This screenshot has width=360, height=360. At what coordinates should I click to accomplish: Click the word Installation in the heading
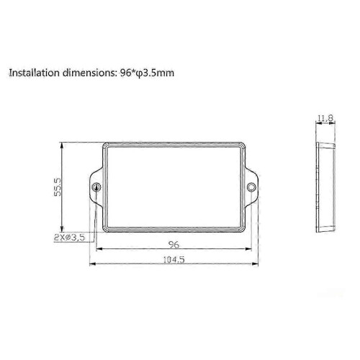(34, 73)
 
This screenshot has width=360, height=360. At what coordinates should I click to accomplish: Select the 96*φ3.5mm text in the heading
(147, 73)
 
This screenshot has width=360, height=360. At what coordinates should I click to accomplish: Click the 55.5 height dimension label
(58, 187)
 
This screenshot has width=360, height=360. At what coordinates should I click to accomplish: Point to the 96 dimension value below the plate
(174, 244)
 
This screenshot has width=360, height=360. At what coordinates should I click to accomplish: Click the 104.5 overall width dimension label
(174, 259)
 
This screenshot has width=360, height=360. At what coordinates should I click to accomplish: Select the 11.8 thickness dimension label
(325, 118)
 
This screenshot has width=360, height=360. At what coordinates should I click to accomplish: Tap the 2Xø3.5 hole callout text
(70, 238)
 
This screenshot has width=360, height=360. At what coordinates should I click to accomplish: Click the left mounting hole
(96, 187)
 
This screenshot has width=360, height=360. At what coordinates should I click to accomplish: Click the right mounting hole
(251, 187)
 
